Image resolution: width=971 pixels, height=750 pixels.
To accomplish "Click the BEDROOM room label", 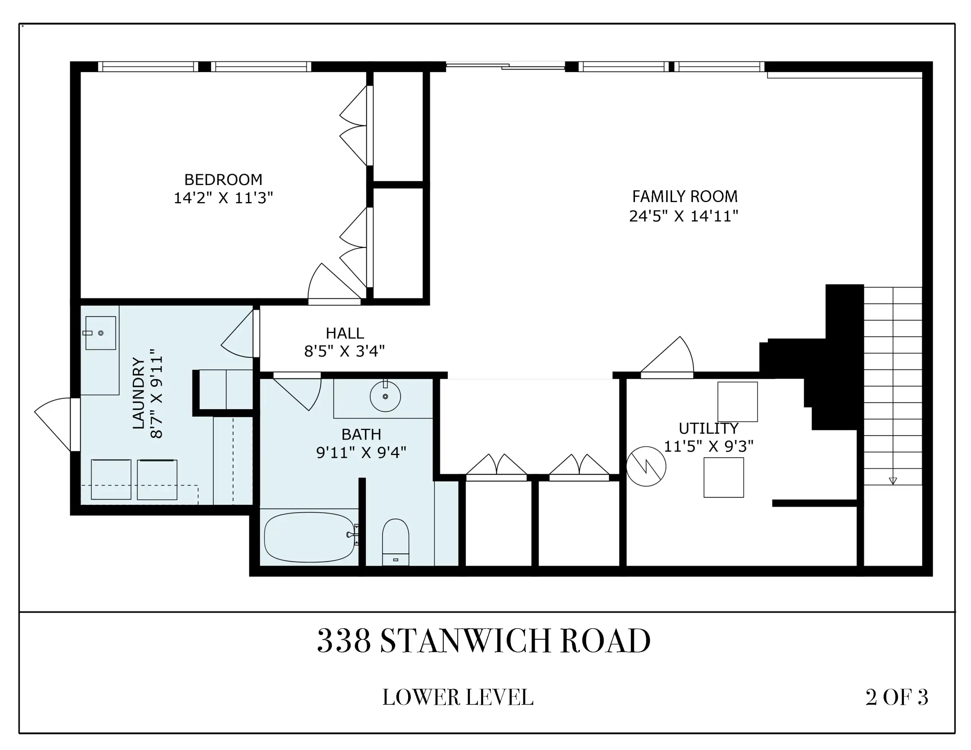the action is [x=223, y=180].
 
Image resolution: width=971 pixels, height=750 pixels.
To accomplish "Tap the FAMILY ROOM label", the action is [x=685, y=196].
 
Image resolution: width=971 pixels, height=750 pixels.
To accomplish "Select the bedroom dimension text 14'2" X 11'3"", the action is [x=223, y=198].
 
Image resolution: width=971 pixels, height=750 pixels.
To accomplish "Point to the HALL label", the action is [x=344, y=333].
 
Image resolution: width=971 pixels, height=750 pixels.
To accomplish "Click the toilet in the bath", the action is [x=395, y=542].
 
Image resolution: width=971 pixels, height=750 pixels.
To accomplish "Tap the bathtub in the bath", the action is [x=310, y=537].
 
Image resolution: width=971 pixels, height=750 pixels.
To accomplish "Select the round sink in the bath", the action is [x=385, y=396].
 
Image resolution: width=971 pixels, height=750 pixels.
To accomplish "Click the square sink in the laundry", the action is [x=101, y=333].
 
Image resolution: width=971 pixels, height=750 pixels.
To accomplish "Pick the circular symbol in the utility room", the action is [x=646, y=466].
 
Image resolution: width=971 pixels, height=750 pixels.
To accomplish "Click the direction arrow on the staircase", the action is [x=893, y=480].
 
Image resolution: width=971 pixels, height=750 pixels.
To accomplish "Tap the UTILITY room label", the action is [x=708, y=428].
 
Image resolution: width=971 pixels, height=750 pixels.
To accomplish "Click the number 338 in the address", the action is [x=344, y=641].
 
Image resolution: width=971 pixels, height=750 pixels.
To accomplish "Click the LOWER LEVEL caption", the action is [x=458, y=697].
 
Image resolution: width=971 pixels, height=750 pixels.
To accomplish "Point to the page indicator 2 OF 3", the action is [x=897, y=697].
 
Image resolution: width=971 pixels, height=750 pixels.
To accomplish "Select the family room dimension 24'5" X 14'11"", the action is [x=684, y=216].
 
